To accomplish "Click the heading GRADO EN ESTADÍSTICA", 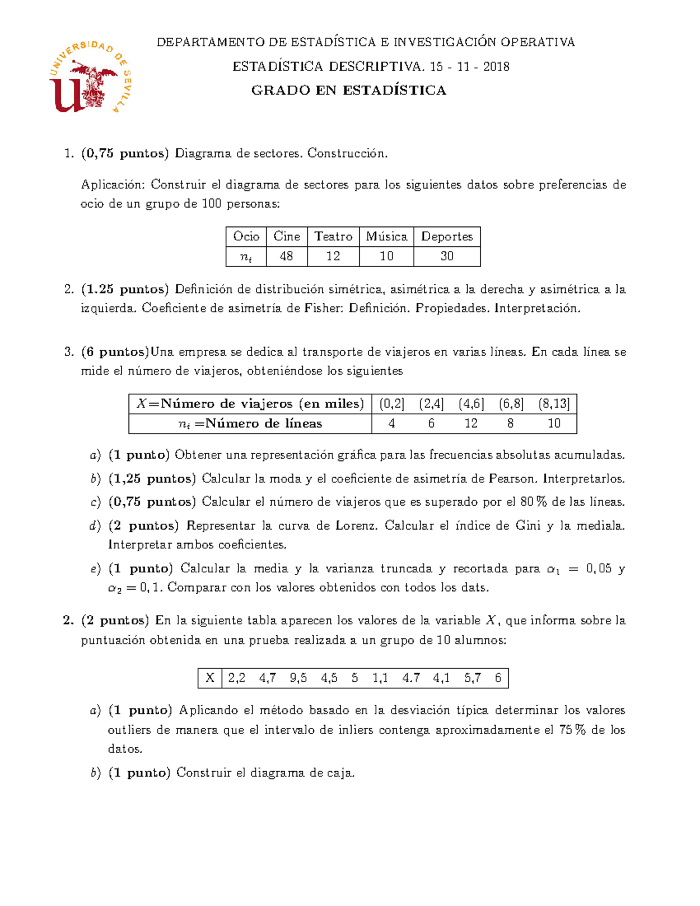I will pos(348,90).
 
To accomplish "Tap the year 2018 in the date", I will pos(496,67).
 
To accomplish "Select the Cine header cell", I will pos(286,236).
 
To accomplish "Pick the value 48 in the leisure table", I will pos(286,256).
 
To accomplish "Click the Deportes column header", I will pos(447,236).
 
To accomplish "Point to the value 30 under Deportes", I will pos(447,256).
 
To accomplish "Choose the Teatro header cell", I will pos(333,236).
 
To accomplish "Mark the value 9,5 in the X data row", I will pos(298,678).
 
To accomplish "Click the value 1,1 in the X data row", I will pos(380,678).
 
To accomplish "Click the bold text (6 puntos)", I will pos(115,352).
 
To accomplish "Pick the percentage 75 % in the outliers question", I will pos(572,730).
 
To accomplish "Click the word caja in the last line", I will pos(340,773).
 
